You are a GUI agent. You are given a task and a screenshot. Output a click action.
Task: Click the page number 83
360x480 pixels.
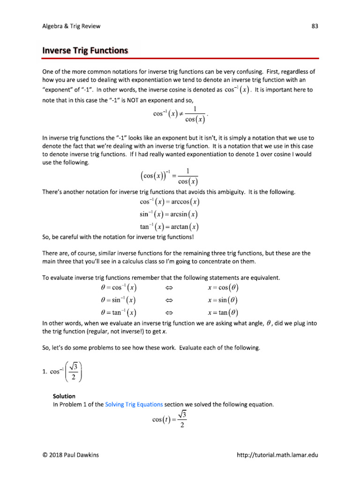(x=315, y=26)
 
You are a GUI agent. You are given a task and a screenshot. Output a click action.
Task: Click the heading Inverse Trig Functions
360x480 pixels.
(x=85, y=50)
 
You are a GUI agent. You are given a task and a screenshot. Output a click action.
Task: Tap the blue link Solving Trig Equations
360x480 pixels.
(x=134, y=404)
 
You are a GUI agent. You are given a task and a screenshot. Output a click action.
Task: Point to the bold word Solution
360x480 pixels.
(x=64, y=396)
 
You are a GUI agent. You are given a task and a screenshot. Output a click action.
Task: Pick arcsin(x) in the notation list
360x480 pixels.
(x=182, y=214)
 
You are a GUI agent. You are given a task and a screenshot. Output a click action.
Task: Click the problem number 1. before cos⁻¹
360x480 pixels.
(x=45, y=373)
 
